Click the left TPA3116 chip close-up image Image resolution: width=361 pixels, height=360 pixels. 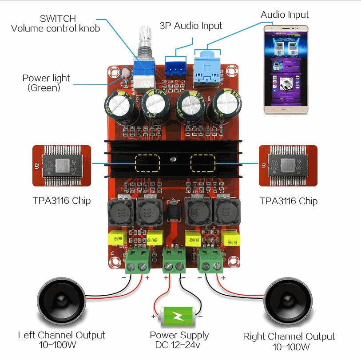click(x=62, y=166)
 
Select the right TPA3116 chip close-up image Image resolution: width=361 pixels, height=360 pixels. click(x=288, y=165)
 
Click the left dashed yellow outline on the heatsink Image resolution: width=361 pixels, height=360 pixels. click(x=147, y=163)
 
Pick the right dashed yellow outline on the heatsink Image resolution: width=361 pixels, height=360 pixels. click(x=202, y=163)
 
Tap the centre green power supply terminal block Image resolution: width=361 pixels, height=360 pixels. click(x=174, y=261)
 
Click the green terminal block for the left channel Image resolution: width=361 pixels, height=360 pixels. click(x=137, y=261)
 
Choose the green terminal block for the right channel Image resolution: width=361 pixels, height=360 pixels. click(x=211, y=261)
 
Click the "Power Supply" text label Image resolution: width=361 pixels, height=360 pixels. click(x=179, y=335)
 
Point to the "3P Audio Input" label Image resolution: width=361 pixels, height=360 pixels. click(x=190, y=26)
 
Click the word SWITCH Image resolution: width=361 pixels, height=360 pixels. click(x=58, y=19)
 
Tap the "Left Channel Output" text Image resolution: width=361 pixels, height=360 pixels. click(x=61, y=335)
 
